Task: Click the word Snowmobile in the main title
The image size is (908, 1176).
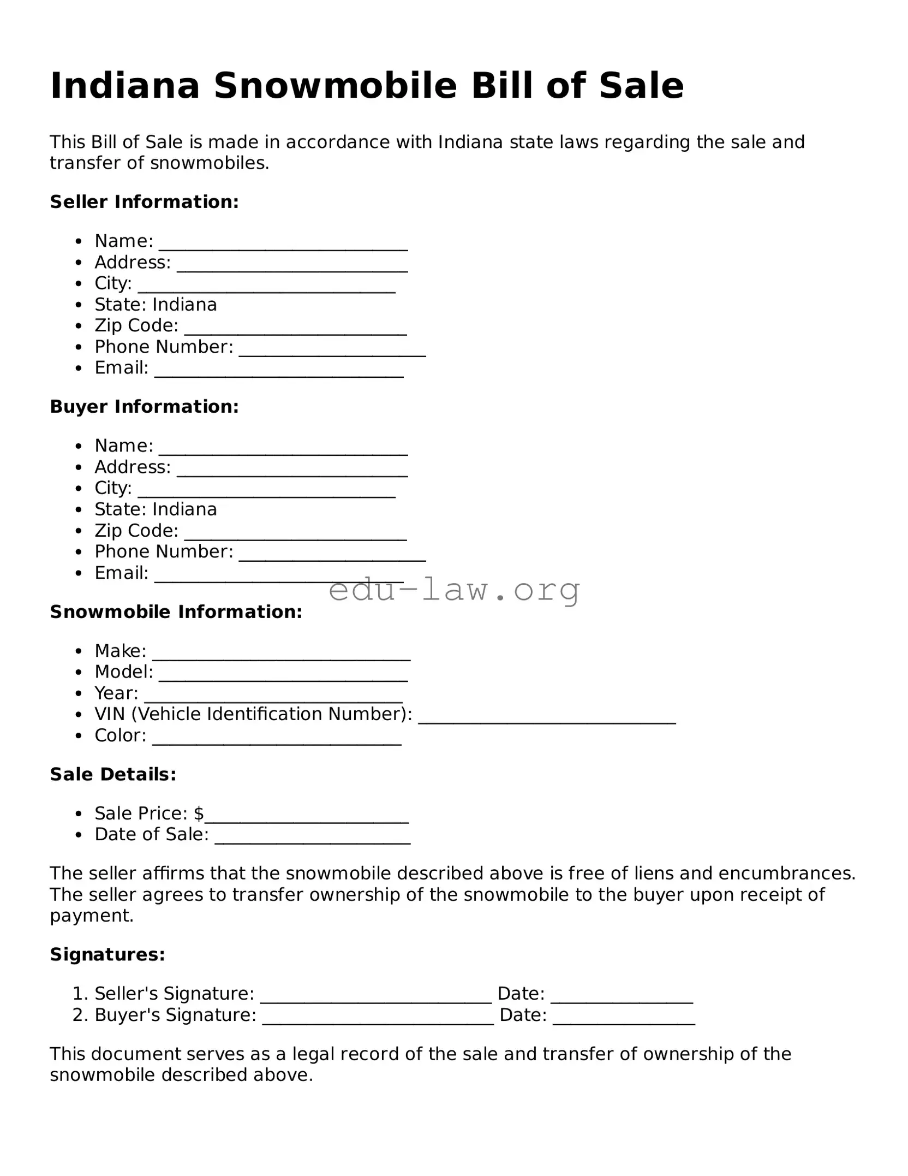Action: pyautogui.click(x=335, y=86)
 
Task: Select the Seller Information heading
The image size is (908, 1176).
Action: pyautogui.click(x=144, y=202)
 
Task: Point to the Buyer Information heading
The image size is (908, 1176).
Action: pyautogui.click(x=144, y=407)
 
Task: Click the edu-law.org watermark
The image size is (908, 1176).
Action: pyautogui.click(x=454, y=590)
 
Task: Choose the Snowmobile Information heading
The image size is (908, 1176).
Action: pyautogui.click(x=176, y=612)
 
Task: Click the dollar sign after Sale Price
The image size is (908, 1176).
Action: pyautogui.click(x=199, y=813)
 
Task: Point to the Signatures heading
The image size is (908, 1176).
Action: pyautogui.click(x=107, y=954)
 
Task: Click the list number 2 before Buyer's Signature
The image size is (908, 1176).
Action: pyautogui.click(x=78, y=1015)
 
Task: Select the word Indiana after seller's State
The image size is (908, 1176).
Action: pyautogui.click(x=184, y=305)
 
